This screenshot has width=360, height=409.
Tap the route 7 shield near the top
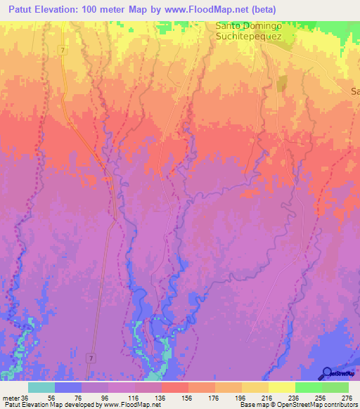pos(63,51)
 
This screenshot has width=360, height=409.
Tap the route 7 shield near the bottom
pos(91,358)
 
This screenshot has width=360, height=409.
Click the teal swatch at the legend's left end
pos(41,387)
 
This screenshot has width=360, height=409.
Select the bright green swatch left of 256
pos(308,387)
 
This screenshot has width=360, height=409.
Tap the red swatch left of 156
pos(174,387)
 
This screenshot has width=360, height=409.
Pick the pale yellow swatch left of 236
pos(281,387)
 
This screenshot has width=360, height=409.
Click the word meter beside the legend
pos(11,397)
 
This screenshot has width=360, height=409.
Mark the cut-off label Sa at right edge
pos(354,91)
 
